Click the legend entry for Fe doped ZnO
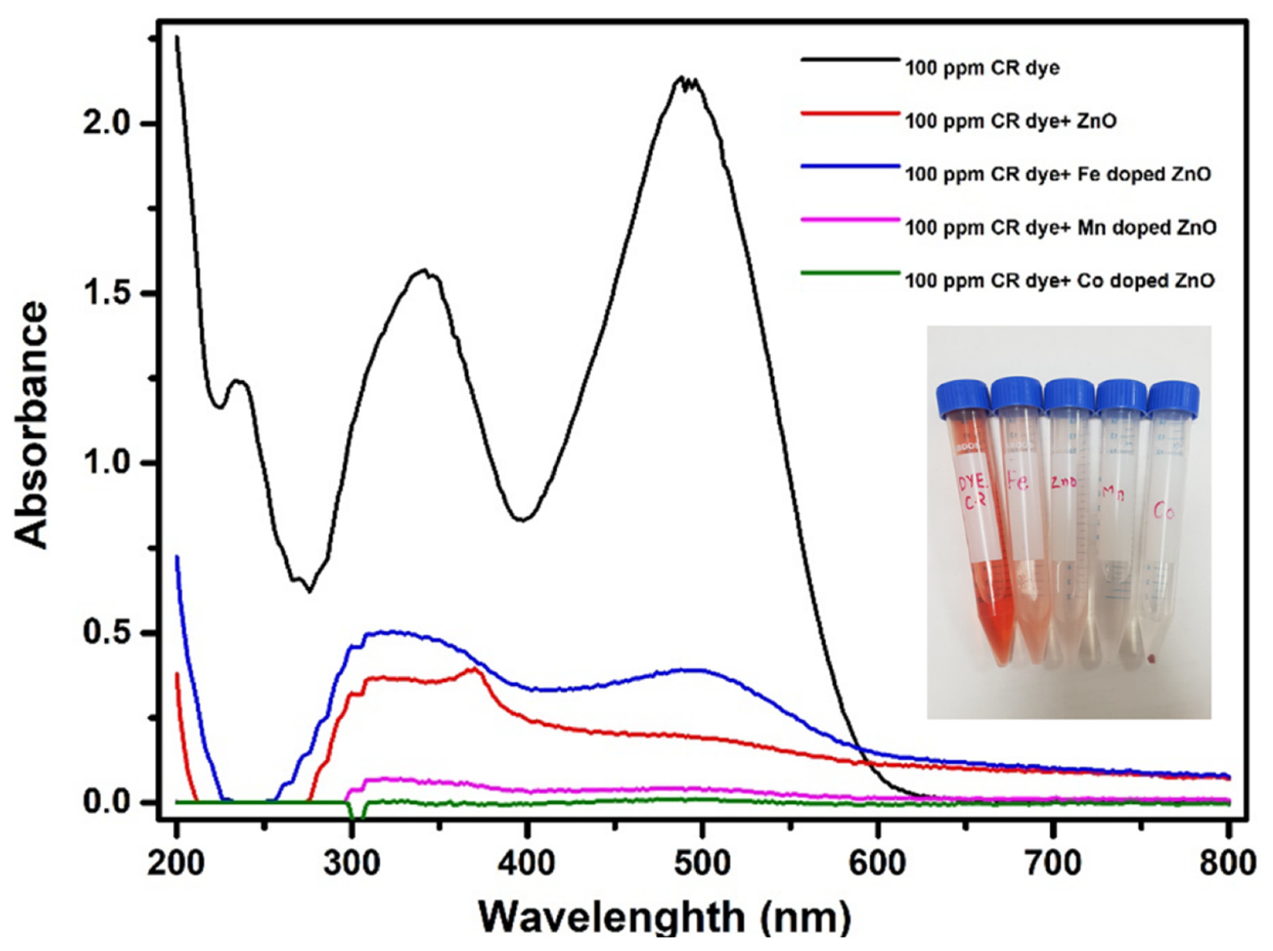pyautogui.click(x=1058, y=174)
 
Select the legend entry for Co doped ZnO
pyautogui.click(x=1059, y=281)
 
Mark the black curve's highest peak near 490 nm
pyautogui.click(x=682, y=77)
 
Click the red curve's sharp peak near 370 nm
pyautogui.click(x=474, y=668)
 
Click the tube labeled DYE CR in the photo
pyautogui.click(x=978, y=518)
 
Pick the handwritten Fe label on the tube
pyautogui.click(x=1017, y=481)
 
